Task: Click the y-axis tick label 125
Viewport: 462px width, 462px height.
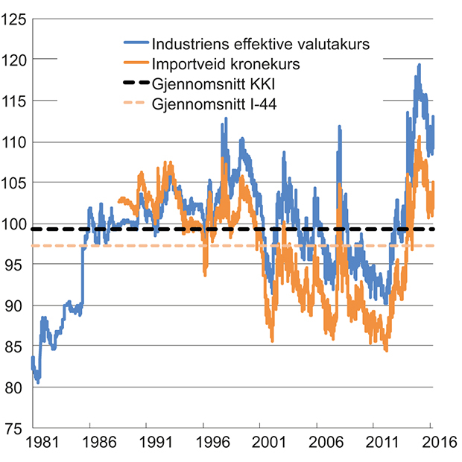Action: point(14,18)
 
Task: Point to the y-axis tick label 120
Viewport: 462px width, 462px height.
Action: point(14,59)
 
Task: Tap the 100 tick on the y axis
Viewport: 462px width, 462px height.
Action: point(14,224)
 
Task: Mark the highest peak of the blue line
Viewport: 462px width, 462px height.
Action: point(420,65)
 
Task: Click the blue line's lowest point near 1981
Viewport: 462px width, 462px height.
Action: point(38,382)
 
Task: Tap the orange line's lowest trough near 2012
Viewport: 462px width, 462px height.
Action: point(386,350)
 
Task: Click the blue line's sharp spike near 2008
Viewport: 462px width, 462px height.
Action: point(340,127)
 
